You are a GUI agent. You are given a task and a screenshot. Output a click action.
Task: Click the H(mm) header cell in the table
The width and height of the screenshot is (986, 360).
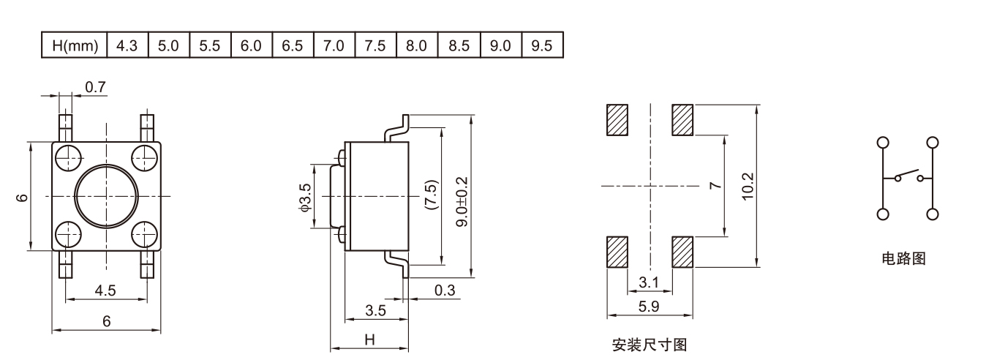74,45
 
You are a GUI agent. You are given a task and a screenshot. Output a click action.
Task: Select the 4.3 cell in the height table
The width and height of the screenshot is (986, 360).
127,45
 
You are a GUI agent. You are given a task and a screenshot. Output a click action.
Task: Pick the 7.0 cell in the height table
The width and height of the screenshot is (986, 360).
334,45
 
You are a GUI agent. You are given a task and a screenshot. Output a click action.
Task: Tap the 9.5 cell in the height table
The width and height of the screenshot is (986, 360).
542,45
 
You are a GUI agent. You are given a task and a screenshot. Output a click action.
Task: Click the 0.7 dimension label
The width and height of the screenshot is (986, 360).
95,87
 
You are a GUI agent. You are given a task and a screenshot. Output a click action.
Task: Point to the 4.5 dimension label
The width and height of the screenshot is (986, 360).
105,290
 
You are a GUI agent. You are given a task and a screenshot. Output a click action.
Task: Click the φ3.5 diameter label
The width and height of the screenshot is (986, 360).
306,197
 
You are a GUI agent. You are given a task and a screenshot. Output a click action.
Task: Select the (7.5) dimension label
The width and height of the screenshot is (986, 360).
431,195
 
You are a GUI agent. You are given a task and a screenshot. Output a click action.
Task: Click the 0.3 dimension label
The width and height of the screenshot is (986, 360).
444,290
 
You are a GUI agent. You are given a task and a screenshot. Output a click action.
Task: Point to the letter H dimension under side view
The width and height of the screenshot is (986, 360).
369,340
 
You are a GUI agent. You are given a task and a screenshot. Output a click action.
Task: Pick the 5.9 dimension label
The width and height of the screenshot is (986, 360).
649,307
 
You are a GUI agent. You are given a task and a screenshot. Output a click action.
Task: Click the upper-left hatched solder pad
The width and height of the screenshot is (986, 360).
617,120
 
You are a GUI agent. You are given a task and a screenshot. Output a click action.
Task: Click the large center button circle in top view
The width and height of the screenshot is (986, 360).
106,196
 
